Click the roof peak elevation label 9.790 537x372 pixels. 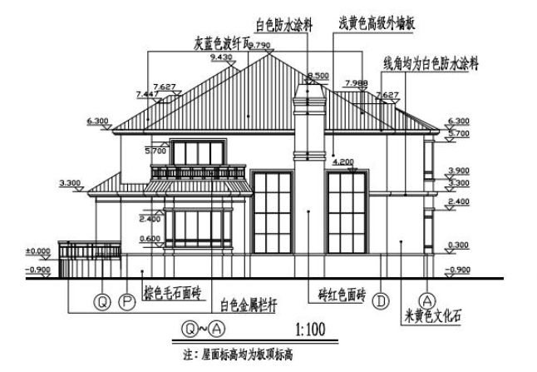click(x=260, y=44)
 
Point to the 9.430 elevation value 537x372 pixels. click(x=222, y=57)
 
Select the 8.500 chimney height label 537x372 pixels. click(x=318, y=75)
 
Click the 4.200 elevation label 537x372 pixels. click(x=344, y=161)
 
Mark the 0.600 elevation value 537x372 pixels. click(x=150, y=240)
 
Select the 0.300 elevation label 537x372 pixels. click(x=458, y=244)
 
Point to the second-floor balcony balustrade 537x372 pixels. click(x=199, y=172)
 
